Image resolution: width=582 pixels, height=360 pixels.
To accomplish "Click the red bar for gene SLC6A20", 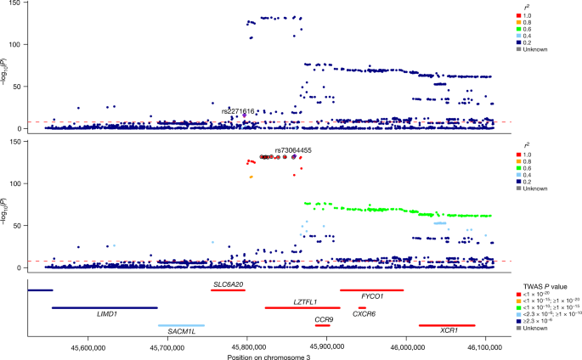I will (x=228, y=290).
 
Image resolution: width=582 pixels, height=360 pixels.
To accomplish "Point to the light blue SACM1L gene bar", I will (x=181, y=325).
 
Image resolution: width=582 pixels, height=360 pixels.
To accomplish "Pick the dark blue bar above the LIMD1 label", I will (x=105, y=307).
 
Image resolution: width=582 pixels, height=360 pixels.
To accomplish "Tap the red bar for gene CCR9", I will (x=322, y=325).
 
